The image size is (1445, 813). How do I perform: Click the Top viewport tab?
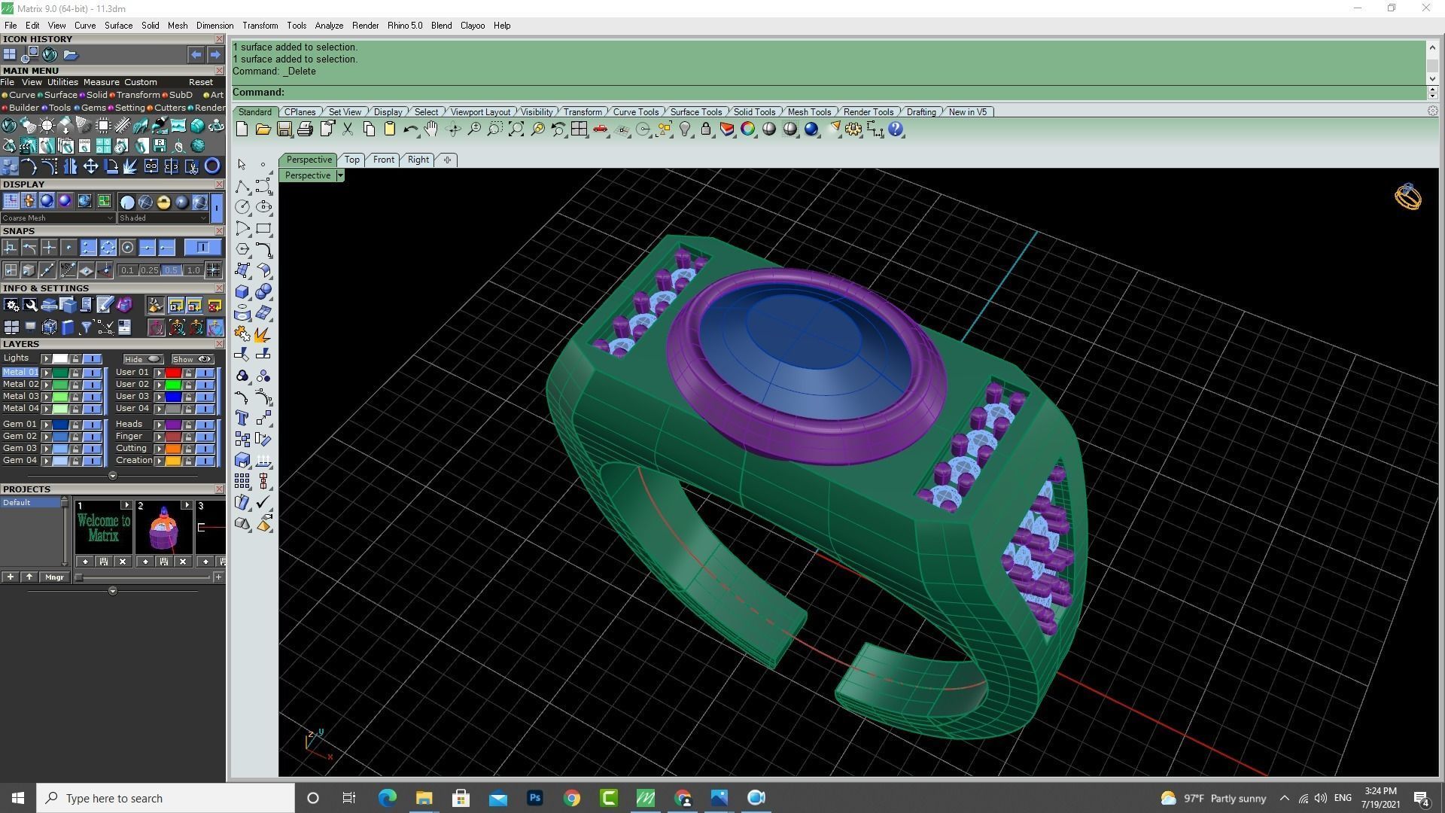click(351, 160)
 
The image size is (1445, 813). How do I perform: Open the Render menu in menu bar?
click(365, 26)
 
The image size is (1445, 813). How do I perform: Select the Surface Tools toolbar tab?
click(695, 112)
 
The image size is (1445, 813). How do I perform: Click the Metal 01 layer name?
click(20, 372)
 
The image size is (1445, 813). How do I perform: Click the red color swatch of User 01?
click(173, 373)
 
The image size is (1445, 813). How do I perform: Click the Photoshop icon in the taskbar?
click(534, 798)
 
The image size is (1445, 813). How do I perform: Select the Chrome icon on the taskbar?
click(572, 798)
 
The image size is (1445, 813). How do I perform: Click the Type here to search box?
click(166, 798)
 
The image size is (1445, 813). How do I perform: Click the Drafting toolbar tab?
click(920, 112)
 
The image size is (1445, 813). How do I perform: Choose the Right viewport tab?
click(418, 160)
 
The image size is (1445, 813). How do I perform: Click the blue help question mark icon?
click(896, 129)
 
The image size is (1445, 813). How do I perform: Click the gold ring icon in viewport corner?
click(1407, 197)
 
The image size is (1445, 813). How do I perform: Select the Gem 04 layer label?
click(20, 460)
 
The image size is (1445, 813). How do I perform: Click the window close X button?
click(1425, 8)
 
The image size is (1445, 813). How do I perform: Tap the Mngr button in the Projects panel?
click(54, 577)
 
